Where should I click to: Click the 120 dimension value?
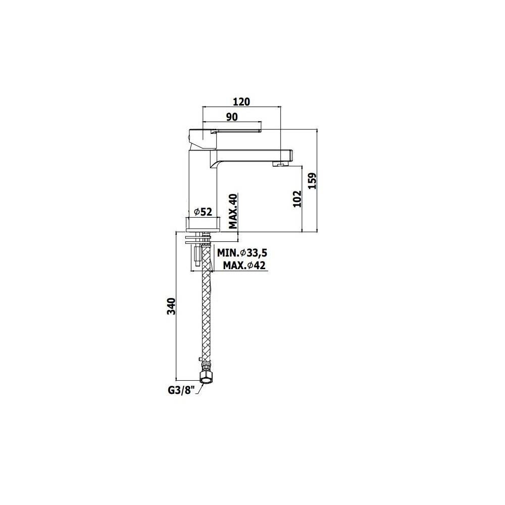(x=242, y=102)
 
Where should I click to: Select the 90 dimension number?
(x=232, y=117)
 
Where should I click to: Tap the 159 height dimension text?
(x=312, y=180)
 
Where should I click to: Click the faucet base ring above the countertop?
(x=203, y=224)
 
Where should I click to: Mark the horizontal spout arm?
(x=252, y=154)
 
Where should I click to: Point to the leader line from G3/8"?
(x=198, y=388)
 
